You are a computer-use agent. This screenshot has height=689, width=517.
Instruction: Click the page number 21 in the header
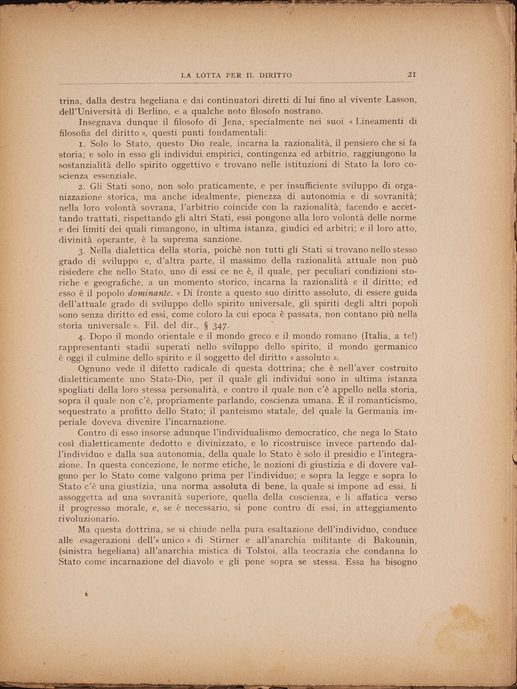(411, 75)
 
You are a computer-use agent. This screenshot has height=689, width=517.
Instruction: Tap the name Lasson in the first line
(401, 100)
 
